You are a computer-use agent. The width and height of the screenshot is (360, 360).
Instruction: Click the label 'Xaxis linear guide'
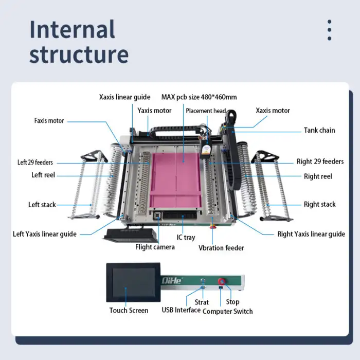point(124,97)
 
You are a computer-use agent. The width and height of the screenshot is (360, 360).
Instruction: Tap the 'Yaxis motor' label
point(154,110)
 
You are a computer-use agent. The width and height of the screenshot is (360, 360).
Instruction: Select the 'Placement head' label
point(206,111)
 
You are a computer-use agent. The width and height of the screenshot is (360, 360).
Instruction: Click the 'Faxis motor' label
point(49,121)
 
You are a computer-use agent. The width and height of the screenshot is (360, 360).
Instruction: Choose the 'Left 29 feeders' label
point(35,163)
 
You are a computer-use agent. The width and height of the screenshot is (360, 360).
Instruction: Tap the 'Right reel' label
point(318,176)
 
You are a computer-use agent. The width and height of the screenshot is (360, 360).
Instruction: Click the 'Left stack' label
point(42,205)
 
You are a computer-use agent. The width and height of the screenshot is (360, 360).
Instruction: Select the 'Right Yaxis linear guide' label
point(311,234)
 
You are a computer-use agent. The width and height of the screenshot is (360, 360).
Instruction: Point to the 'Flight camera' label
point(155,247)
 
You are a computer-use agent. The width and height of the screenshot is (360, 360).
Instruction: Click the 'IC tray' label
point(186,237)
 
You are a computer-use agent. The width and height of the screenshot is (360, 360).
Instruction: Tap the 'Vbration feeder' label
point(221,248)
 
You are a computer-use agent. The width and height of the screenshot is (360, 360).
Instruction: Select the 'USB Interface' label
point(181,310)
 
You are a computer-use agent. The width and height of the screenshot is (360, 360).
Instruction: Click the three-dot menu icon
point(329,30)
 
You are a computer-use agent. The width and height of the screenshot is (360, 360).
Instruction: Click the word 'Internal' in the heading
point(72,29)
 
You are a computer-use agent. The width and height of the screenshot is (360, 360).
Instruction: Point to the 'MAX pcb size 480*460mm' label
point(199,97)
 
